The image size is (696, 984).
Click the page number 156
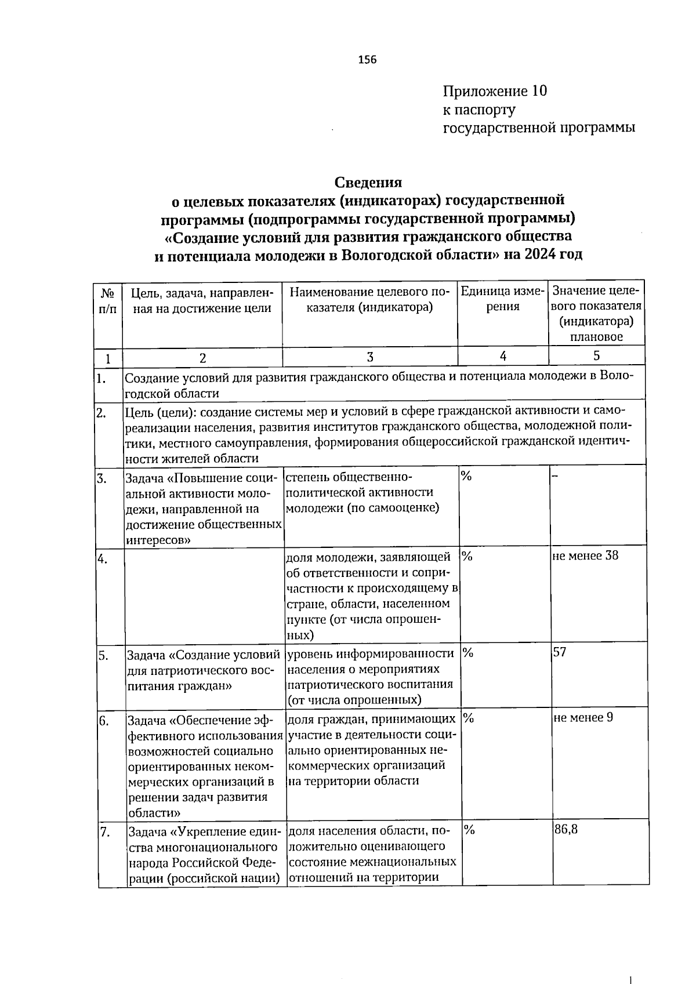(x=367, y=60)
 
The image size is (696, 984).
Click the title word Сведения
(x=368, y=182)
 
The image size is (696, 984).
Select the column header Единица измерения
(x=502, y=298)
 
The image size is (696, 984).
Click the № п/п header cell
(x=107, y=301)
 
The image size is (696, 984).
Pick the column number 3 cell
(x=369, y=357)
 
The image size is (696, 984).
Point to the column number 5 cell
(x=596, y=355)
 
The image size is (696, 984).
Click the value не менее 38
(x=585, y=555)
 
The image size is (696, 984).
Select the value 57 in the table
(x=560, y=652)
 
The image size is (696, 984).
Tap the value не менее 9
(x=583, y=717)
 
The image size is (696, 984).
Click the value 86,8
(x=566, y=829)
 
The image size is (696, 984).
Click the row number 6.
(x=104, y=721)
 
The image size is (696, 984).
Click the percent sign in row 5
(x=468, y=653)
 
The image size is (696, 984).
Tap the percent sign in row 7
(x=469, y=830)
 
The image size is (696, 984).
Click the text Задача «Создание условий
(x=204, y=655)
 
